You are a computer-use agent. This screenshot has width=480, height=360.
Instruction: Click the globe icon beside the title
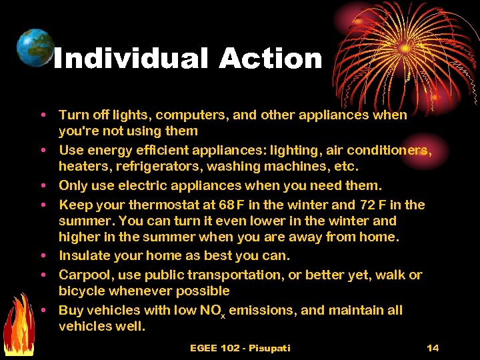[x=35, y=47]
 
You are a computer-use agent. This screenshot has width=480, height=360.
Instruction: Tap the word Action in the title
[x=270, y=59]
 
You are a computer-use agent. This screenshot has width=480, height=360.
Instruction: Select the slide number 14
[x=433, y=348]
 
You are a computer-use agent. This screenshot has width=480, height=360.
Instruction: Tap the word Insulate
[x=81, y=255]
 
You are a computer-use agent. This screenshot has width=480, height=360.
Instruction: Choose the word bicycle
[x=81, y=291]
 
